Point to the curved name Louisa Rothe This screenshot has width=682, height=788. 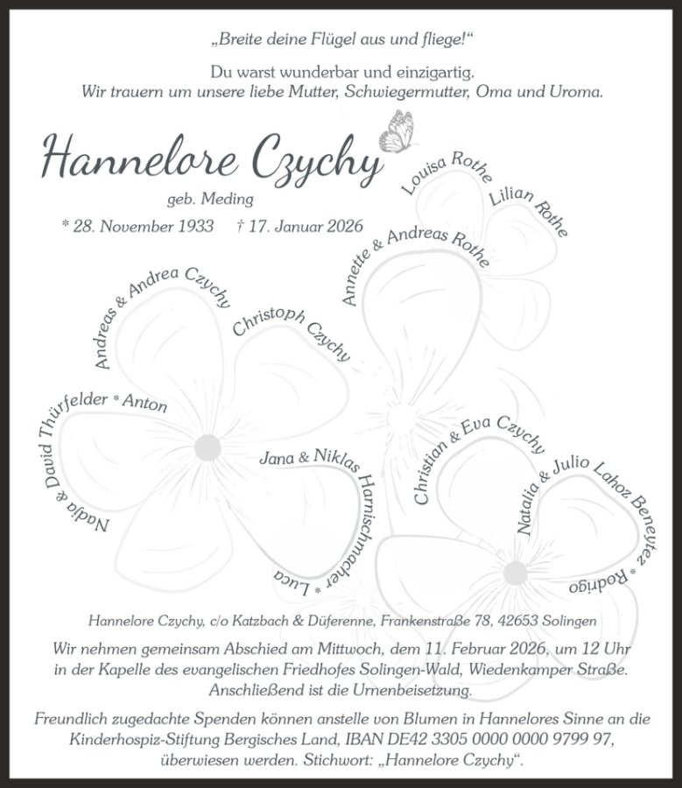click(x=446, y=172)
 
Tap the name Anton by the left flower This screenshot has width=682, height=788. click(x=144, y=403)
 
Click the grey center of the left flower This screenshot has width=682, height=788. click(x=207, y=447)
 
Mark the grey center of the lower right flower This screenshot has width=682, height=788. click(x=515, y=573)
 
